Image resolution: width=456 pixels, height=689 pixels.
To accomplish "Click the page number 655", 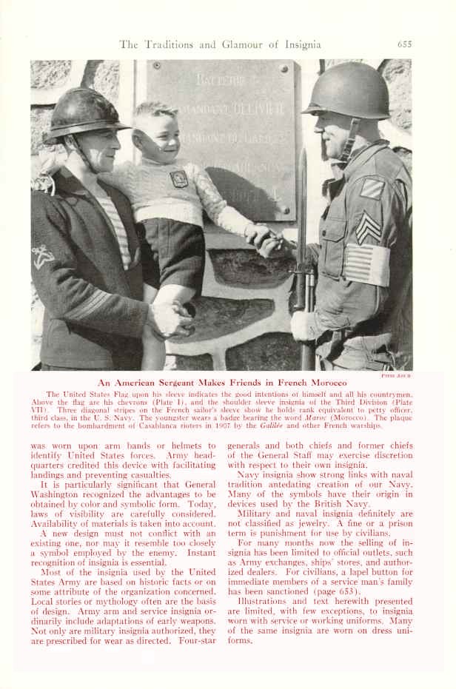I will click(404, 44).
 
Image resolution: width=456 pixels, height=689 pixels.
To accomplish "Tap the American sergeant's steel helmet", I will click(346, 90).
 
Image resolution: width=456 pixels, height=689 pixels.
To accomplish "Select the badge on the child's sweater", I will click(178, 179).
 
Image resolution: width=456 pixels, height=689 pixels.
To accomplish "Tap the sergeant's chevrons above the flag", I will click(368, 226).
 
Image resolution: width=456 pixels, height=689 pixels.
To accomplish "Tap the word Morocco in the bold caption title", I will click(324, 382).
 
